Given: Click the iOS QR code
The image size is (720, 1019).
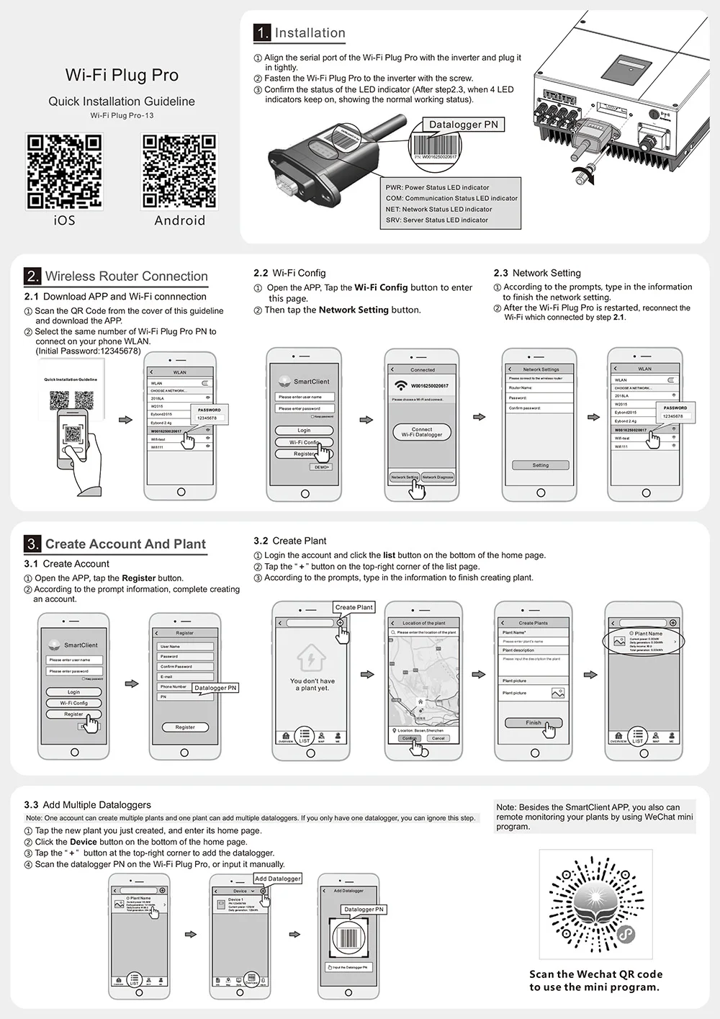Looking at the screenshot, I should (x=64, y=171).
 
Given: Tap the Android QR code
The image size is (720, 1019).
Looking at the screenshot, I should (x=179, y=171).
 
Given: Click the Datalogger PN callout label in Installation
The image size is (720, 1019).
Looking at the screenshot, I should (x=463, y=125).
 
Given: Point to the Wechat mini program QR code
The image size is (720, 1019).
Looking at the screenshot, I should (x=595, y=907).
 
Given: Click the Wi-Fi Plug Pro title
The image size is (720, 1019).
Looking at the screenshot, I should (x=122, y=75).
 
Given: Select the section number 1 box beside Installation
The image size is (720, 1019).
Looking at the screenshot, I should (x=262, y=32).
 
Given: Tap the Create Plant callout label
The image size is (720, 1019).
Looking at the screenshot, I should (x=354, y=607).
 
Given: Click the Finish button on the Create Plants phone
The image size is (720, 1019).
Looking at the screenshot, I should (x=533, y=722).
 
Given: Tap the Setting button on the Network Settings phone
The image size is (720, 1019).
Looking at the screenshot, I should (x=540, y=465).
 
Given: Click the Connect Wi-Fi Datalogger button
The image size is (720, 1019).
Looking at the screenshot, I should (x=422, y=431).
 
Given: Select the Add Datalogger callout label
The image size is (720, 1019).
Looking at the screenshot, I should (x=277, y=879).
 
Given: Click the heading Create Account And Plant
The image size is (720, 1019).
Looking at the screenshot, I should (x=125, y=544).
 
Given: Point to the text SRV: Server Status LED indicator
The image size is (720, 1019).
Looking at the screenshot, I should (x=437, y=220).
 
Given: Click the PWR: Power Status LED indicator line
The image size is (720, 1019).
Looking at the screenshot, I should (x=437, y=187).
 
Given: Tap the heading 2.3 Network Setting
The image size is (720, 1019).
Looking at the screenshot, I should (x=537, y=273).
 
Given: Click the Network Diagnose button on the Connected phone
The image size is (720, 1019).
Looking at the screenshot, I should (x=438, y=477).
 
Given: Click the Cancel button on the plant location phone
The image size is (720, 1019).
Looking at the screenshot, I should (x=438, y=738).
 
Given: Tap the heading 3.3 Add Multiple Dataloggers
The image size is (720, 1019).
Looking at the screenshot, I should (x=87, y=804).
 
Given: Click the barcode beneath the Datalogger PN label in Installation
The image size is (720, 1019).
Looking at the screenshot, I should (x=435, y=145).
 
